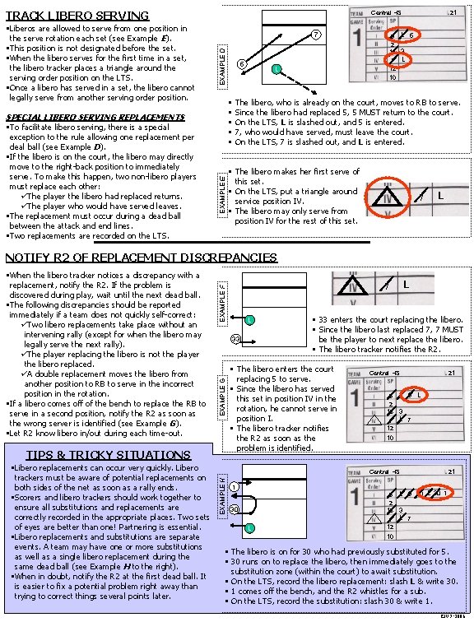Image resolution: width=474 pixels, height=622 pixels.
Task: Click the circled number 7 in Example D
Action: tap(314, 35)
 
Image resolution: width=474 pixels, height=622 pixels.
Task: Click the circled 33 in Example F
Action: tap(235, 339)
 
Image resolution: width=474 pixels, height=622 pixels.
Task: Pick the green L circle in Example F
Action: tap(249, 319)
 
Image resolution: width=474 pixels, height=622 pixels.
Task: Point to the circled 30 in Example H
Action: tap(235, 509)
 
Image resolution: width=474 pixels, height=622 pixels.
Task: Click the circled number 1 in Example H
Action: tap(235, 486)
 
